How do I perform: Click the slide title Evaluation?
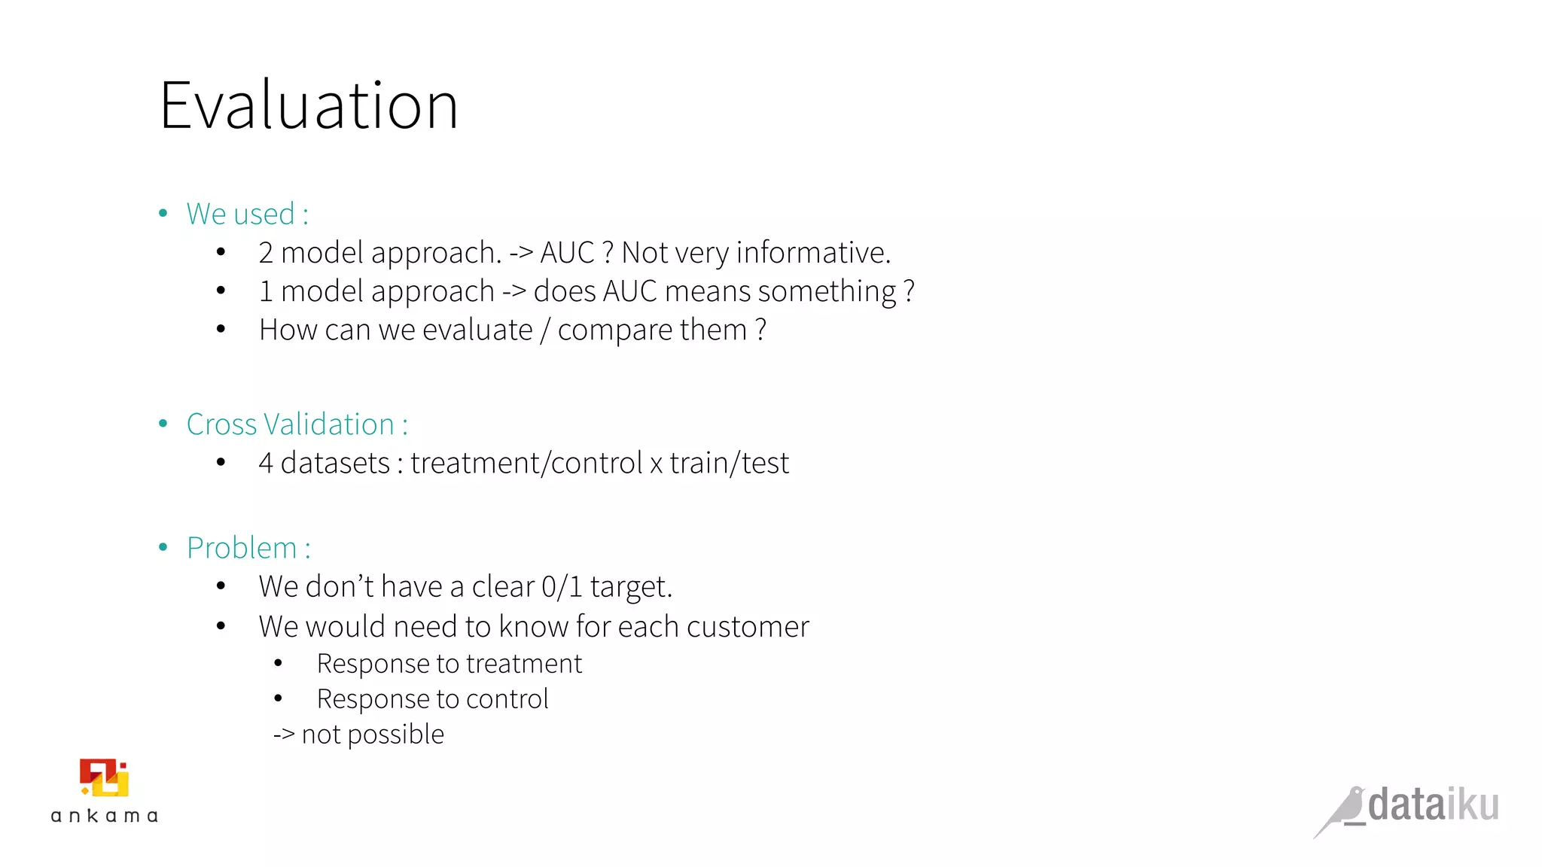tap(309, 106)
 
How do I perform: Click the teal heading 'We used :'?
tap(247, 214)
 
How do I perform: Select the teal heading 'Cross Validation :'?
tap(297, 424)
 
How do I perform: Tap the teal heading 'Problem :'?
tap(248, 548)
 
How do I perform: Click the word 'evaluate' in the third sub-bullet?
tap(477, 330)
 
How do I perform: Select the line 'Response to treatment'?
tap(449, 664)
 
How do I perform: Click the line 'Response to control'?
tap(432, 699)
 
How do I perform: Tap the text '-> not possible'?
tap(358, 735)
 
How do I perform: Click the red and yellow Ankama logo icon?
tap(104, 777)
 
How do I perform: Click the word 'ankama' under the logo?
tap(104, 816)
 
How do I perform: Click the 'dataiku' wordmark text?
tap(1433, 805)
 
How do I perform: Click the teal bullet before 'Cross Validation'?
tap(163, 424)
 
